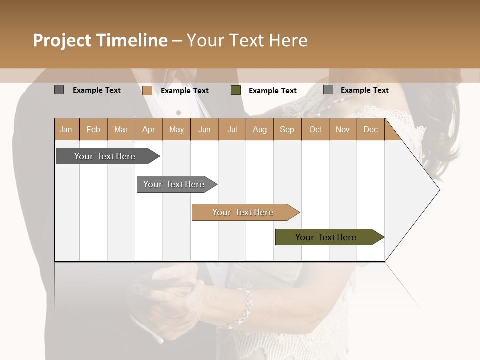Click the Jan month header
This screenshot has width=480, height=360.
pyautogui.click(x=66, y=129)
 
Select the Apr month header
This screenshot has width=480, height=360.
pyautogui.click(x=149, y=129)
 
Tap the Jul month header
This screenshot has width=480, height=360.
pyautogui.click(x=232, y=129)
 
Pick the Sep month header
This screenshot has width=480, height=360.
pyautogui.click(x=287, y=129)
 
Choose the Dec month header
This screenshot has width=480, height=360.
pyautogui.click(x=370, y=129)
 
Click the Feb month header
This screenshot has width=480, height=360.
pyautogui.click(x=93, y=129)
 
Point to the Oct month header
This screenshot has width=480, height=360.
pyautogui.click(x=315, y=129)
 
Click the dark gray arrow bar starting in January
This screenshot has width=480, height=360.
pyautogui.click(x=105, y=156)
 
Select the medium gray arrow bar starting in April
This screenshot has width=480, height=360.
pyautogui.click(x=174, y=184)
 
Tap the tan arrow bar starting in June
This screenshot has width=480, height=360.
pyautogui.click(x=243, y=212)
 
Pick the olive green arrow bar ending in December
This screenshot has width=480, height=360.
pyautogui.click(x=326, y=237)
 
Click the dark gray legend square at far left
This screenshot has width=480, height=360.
pyautogui.click(x=59, y=90)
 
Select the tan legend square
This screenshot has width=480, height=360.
pyautogui.click(x=147, y=90)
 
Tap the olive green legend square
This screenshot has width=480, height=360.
pyautogui.click(x=236, y=90)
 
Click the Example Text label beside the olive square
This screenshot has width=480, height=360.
pyautogui.click(x=273, y=90)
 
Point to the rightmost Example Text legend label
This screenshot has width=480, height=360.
pyautogui.click(x=365, y=90)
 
